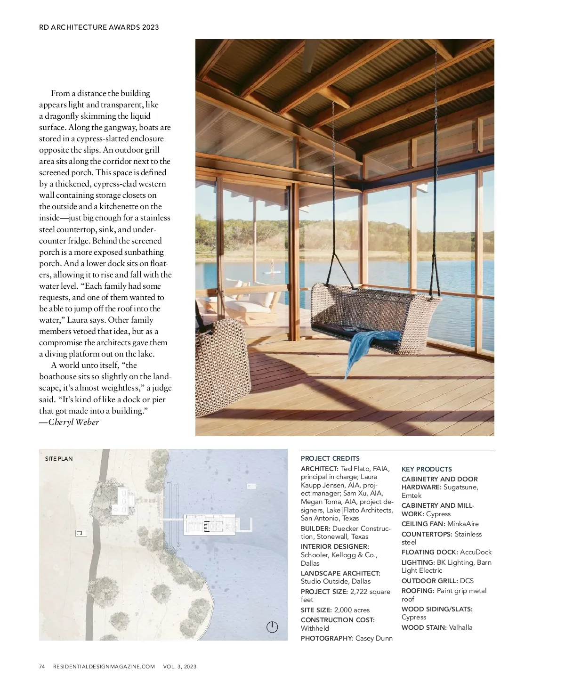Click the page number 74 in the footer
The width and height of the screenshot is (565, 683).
coord(42,667)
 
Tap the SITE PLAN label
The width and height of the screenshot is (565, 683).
coord(59,459)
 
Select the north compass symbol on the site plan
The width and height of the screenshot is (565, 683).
coord(272,627)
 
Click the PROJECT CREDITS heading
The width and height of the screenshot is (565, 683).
coord(330,458)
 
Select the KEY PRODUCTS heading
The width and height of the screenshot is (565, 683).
coord(427,469)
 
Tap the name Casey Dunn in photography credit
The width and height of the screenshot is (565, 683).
coord(374,638)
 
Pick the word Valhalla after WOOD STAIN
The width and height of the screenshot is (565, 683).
coord(460,627)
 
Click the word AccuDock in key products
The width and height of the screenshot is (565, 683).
coord(476,552)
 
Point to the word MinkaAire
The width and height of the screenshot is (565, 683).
coord(463,524)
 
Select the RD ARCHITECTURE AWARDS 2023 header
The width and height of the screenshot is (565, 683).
coord(99,27)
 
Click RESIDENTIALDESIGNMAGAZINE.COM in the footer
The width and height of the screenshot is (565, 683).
coord(104,667)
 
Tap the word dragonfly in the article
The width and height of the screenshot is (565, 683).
coord(66,116)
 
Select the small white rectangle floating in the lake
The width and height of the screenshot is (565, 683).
coord(252,486)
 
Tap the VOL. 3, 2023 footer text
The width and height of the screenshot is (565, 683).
coord(180,667)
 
